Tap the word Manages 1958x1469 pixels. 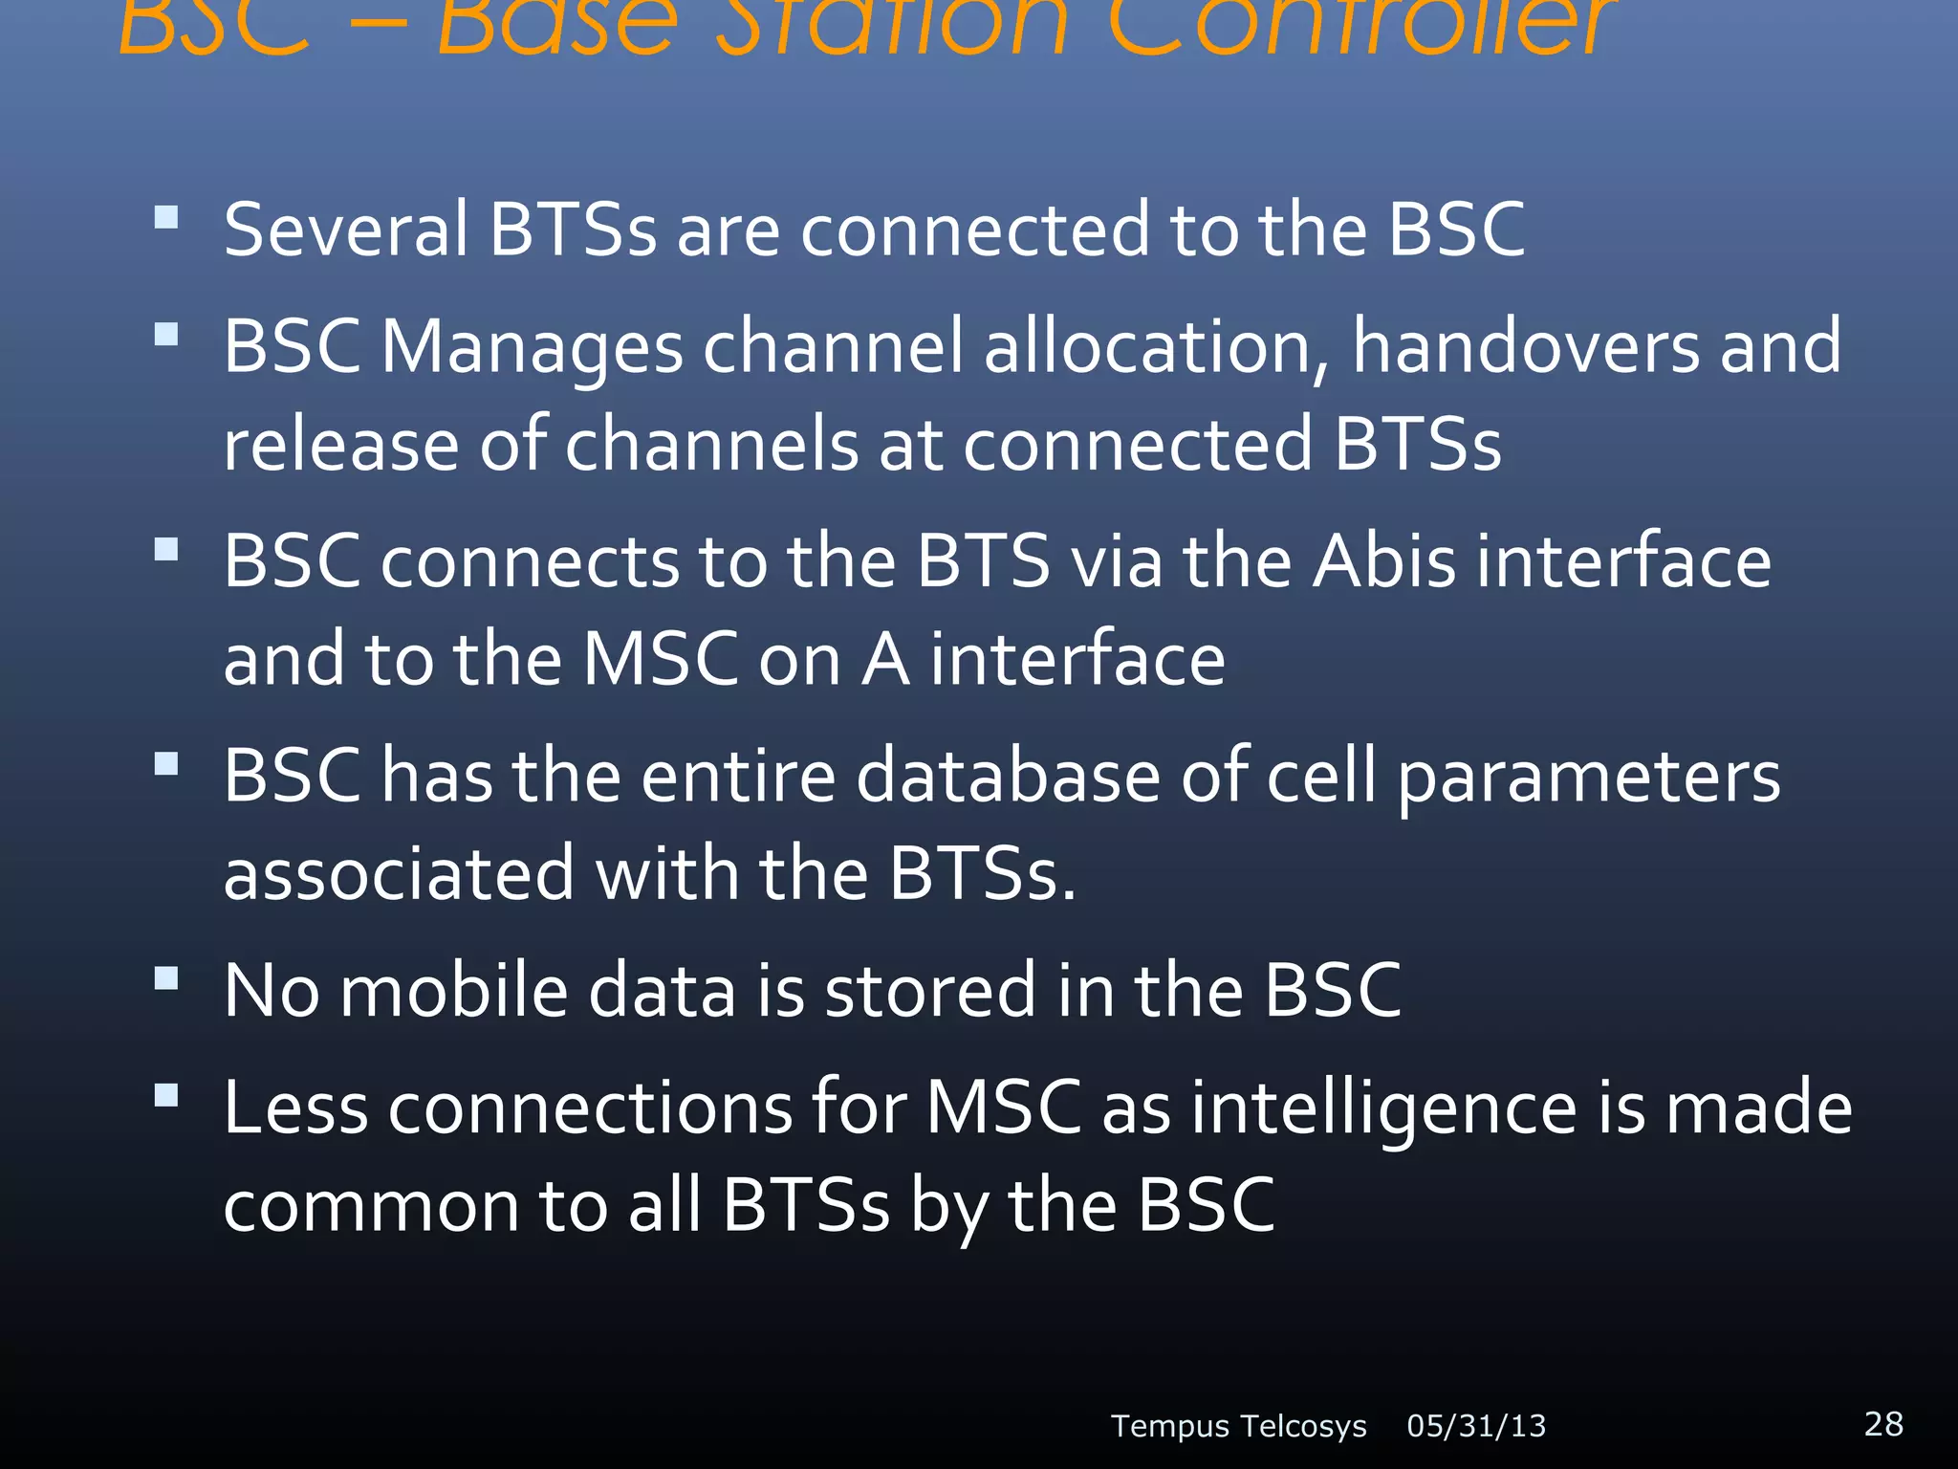pos(532,346)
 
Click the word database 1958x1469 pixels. pos(1008,776)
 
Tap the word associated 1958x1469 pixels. pos(399,874)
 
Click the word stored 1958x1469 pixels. pos(929,991)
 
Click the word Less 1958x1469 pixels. pos(295,1107)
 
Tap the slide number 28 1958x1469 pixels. pos(1882,1423)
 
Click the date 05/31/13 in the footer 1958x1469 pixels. pos(1475,1426)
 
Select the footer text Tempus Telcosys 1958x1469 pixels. pos(1238,1426)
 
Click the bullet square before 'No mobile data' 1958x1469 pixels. pos(166,977)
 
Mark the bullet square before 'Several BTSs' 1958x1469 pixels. pos(166,217)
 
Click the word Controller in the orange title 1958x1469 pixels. pos(1358,24)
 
